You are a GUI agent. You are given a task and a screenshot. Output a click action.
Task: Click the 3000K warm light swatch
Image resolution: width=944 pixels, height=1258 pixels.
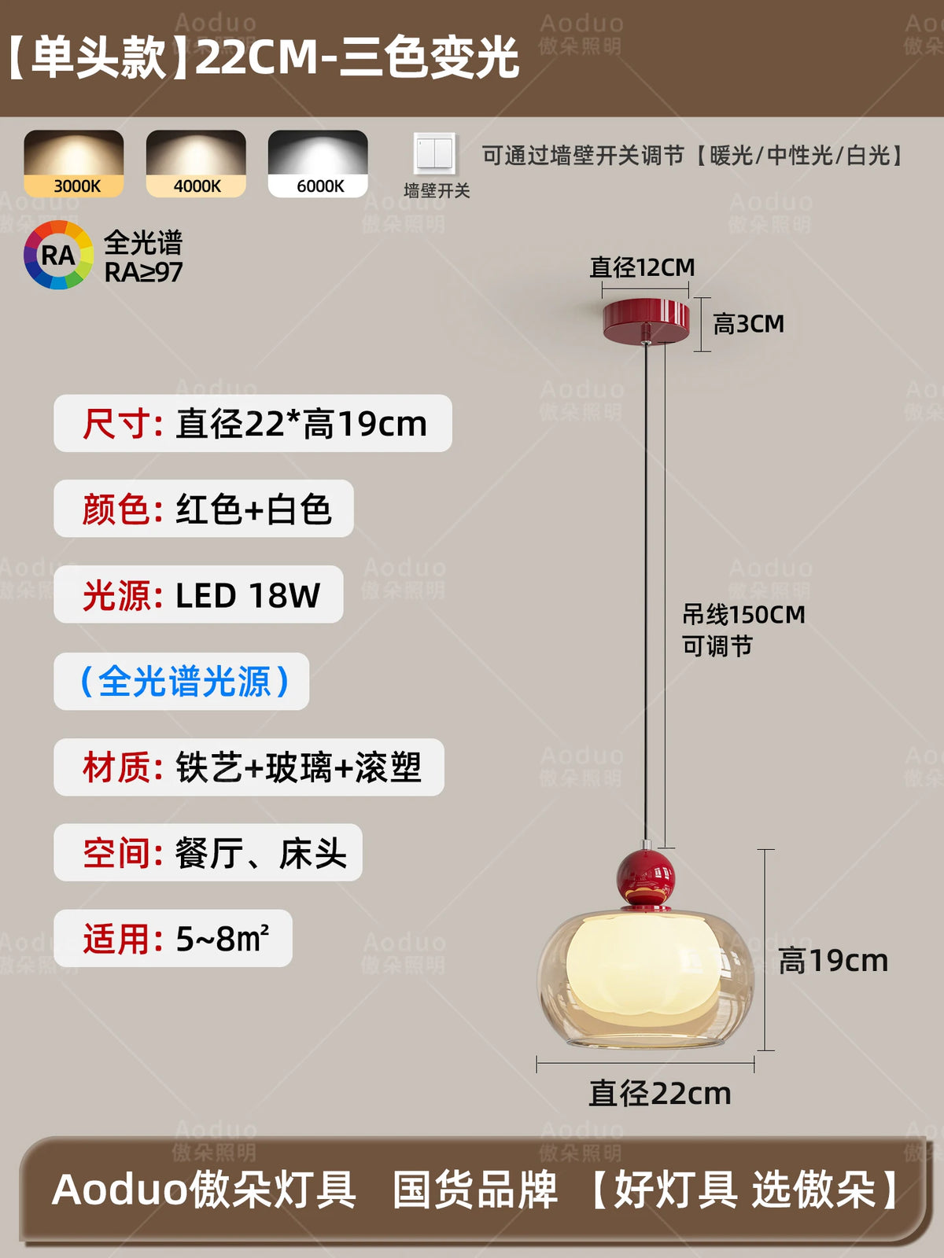click(74, 164)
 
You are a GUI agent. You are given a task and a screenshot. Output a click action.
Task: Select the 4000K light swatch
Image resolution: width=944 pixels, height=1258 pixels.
click(196, 164)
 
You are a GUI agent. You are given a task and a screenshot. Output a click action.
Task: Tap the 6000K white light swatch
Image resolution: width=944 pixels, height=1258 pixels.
click(318, 164)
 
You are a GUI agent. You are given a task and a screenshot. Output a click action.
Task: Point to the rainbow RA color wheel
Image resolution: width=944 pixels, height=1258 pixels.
click(58, 255)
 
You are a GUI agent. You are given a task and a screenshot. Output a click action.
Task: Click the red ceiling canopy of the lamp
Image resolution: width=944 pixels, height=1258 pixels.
click(646, 319)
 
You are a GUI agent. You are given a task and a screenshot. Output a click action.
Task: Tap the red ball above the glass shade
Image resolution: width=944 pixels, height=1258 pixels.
click(646, 877)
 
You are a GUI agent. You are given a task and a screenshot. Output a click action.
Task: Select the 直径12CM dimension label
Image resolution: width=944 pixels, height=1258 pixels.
click(643, 267)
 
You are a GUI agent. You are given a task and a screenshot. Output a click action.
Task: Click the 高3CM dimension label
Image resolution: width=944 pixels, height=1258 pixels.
click(749, 324)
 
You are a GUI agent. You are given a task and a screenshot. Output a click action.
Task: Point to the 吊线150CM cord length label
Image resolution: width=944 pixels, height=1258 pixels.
click(744, 615)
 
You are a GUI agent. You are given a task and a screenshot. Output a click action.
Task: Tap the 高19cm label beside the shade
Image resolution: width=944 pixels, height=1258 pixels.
click(833, 961)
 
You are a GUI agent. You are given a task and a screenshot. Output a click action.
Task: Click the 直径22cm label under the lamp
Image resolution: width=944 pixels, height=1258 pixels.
click(660, 1094)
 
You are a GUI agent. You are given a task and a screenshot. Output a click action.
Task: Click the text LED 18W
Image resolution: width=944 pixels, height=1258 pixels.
click(248, 595)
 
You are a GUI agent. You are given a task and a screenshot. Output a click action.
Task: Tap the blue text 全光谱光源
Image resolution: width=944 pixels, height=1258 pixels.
click(185, 682)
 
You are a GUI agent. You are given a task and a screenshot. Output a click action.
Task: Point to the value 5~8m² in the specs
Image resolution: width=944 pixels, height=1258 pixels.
click(223, 938)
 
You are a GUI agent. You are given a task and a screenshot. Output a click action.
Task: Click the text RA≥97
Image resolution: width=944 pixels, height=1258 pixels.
click(143, 272)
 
